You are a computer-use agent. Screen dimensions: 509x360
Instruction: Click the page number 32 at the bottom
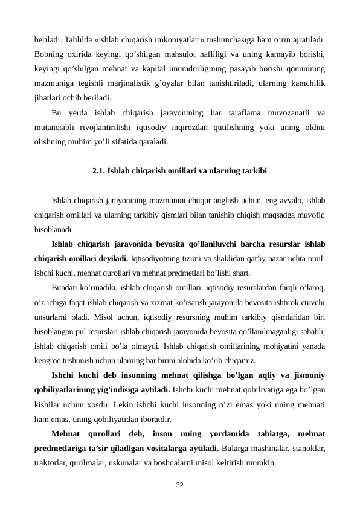point(179,485)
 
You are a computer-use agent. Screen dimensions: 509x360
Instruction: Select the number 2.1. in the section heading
point(99,171)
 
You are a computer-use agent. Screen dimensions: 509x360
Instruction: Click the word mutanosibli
point(56,127)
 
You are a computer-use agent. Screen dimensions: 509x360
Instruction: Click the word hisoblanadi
point(54,229)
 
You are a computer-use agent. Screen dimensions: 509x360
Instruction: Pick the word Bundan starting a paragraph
point(65,287)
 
